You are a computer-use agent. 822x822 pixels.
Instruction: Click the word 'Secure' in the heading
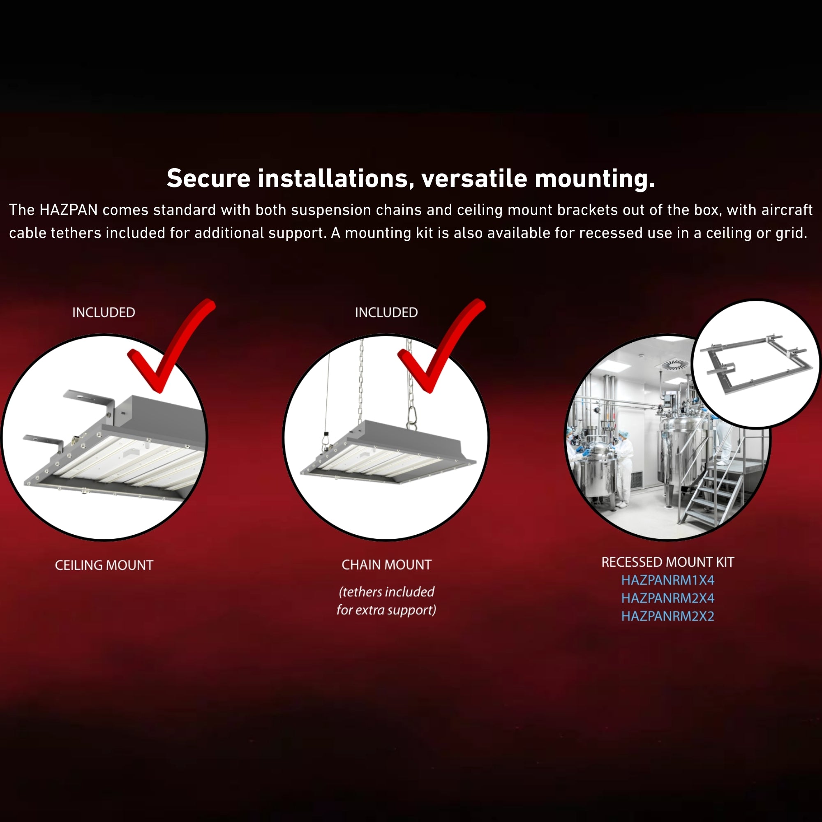coord(208,178)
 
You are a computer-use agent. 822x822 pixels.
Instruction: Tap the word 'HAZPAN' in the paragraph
coord(69,210)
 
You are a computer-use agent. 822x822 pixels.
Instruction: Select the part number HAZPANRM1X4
coord(667,580)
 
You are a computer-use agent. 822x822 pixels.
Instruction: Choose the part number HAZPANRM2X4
coord(667,598)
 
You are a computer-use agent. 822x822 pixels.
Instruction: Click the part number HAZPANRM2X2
coord(667,616)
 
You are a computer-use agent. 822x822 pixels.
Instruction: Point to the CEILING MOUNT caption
coord(104,565)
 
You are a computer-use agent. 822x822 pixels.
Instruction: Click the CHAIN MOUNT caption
coord(386,565)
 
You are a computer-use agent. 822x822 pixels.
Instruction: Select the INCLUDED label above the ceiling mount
coord(104,312)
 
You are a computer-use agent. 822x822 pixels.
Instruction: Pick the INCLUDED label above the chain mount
coord(386,312)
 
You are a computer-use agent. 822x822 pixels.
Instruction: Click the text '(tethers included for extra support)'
coord(386,601)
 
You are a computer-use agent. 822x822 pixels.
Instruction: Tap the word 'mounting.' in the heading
coord(595,179)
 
